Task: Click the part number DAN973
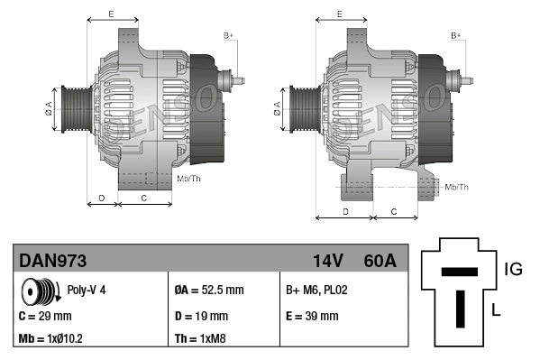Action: click(x=53, y=261)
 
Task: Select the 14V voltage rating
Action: click(x=327, y=261)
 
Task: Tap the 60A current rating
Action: click(x=380, y=261)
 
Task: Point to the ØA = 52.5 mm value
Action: click(x=208, y=291)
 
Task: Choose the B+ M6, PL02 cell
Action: click(x=316, y=291)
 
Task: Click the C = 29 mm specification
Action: click(x=45, y=317)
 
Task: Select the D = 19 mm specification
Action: click(x=200, y=317)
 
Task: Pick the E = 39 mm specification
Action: click(x=312, y=317)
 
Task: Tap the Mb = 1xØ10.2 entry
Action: click(x=52, y=340)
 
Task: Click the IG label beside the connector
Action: click(x=512, y=268)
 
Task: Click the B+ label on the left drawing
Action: click(x=228, y=35)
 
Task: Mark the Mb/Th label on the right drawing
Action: click(x=457, y=187)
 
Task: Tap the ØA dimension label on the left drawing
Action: click(x=49, y=108)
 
